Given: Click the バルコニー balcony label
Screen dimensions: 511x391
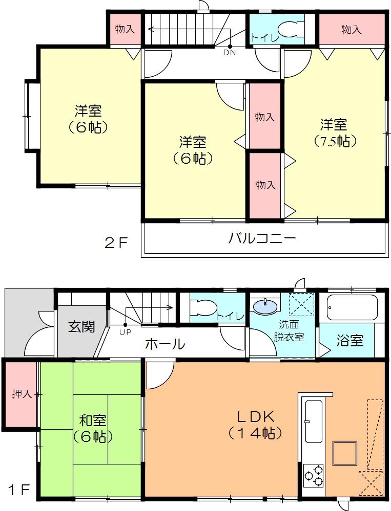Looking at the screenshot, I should pyautogui.click(x=262, y=238).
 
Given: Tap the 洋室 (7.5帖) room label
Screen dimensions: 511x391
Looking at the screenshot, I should pyautogui.click(x=334, y=132).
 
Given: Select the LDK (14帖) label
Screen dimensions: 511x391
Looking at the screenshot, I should pyautogui.click(x=255, y=425).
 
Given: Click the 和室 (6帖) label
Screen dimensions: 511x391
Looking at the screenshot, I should pyautogui.click(x=93, y=429).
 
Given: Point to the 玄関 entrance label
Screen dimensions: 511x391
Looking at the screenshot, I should pyautogui.click(x=81, y=326).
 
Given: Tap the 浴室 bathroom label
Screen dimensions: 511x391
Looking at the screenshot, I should pyautogui.click(x=350, y=341).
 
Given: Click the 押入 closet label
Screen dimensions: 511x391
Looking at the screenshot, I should pyautogui.click(x=22, y=394).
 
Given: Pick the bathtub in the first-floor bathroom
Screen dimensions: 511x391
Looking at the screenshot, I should pyautogui.click(x=352, y=307).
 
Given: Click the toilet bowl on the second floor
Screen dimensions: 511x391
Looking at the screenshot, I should pyautogui.click(x=290, y=29).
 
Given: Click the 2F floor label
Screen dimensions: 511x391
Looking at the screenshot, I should pyautogui.click(x=116, y=243).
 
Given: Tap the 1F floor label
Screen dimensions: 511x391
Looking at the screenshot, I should pyautogui.click(x=18, y=491).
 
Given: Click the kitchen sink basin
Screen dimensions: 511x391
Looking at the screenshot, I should pyautogui.click(x=314, y=421).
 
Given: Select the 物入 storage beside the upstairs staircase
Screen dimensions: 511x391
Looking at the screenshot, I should pyautogui.click(x=125, y=29).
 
